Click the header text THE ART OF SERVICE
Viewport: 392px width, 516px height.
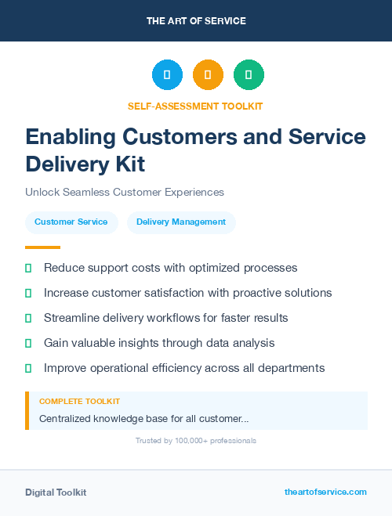196,20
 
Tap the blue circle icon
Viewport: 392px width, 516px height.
167,75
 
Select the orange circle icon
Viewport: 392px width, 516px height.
208,75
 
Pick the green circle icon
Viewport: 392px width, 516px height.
249,75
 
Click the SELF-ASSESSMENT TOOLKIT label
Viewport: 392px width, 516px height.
196,106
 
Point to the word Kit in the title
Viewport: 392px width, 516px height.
128,164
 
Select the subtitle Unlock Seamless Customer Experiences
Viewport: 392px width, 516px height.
125,192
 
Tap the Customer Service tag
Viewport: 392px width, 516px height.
71,222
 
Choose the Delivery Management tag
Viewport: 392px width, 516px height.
181,222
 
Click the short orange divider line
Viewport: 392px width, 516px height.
42,247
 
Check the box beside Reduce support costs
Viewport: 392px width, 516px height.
28,268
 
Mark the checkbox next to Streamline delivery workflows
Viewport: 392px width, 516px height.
28,318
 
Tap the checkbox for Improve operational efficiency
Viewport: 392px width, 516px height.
28,368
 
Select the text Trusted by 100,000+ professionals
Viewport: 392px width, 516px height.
196,441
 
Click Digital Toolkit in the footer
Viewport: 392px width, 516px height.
56,493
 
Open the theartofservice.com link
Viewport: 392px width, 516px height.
325,492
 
